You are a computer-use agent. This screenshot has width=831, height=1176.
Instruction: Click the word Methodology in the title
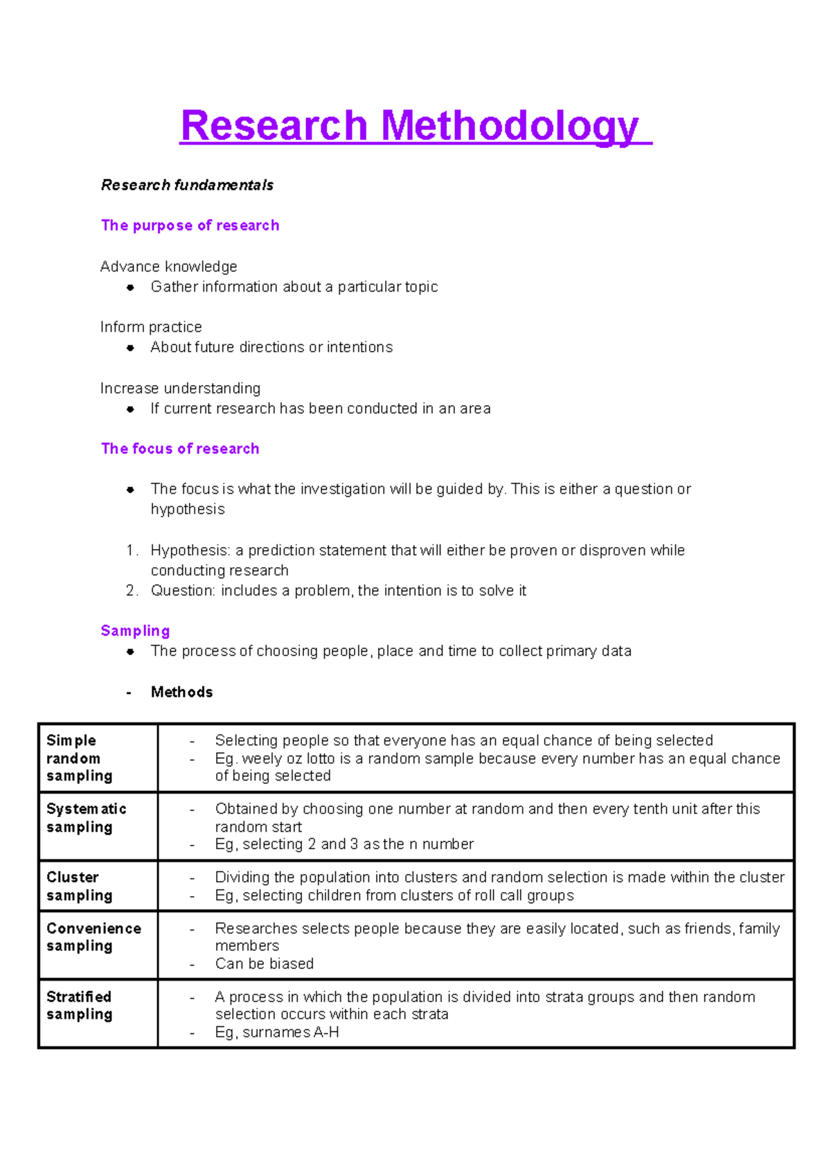(510, 126)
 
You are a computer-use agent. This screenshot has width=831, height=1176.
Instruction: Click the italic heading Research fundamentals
(187, 185)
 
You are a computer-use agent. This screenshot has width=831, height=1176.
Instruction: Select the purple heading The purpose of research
(190, 225)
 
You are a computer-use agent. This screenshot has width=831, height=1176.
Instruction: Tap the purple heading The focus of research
(180, 448)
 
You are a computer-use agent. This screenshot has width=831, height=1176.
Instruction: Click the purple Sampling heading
(135, 630)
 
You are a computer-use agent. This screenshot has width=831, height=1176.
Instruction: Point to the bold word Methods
(181, 692)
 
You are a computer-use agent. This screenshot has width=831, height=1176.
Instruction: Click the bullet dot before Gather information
(130, 287)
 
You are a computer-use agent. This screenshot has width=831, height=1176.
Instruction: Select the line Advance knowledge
(168, 267)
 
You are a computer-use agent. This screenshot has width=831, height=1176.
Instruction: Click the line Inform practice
(151, 327)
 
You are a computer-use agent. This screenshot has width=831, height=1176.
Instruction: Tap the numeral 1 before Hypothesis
(131, 550)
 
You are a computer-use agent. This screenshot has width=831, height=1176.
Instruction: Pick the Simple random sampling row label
(79, 758)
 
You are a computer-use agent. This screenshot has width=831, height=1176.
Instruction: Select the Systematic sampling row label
(86, 818)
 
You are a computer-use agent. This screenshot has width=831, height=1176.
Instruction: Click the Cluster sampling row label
(79, 886)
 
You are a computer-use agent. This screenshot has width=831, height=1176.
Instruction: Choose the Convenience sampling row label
(93, 937)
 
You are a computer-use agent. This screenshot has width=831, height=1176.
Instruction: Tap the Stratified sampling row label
(79, 1005)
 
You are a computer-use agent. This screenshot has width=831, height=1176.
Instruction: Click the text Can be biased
(264, 963)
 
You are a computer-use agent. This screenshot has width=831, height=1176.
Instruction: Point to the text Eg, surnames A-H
(277, 1032)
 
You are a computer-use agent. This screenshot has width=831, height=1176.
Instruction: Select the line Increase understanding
(180, 388)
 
